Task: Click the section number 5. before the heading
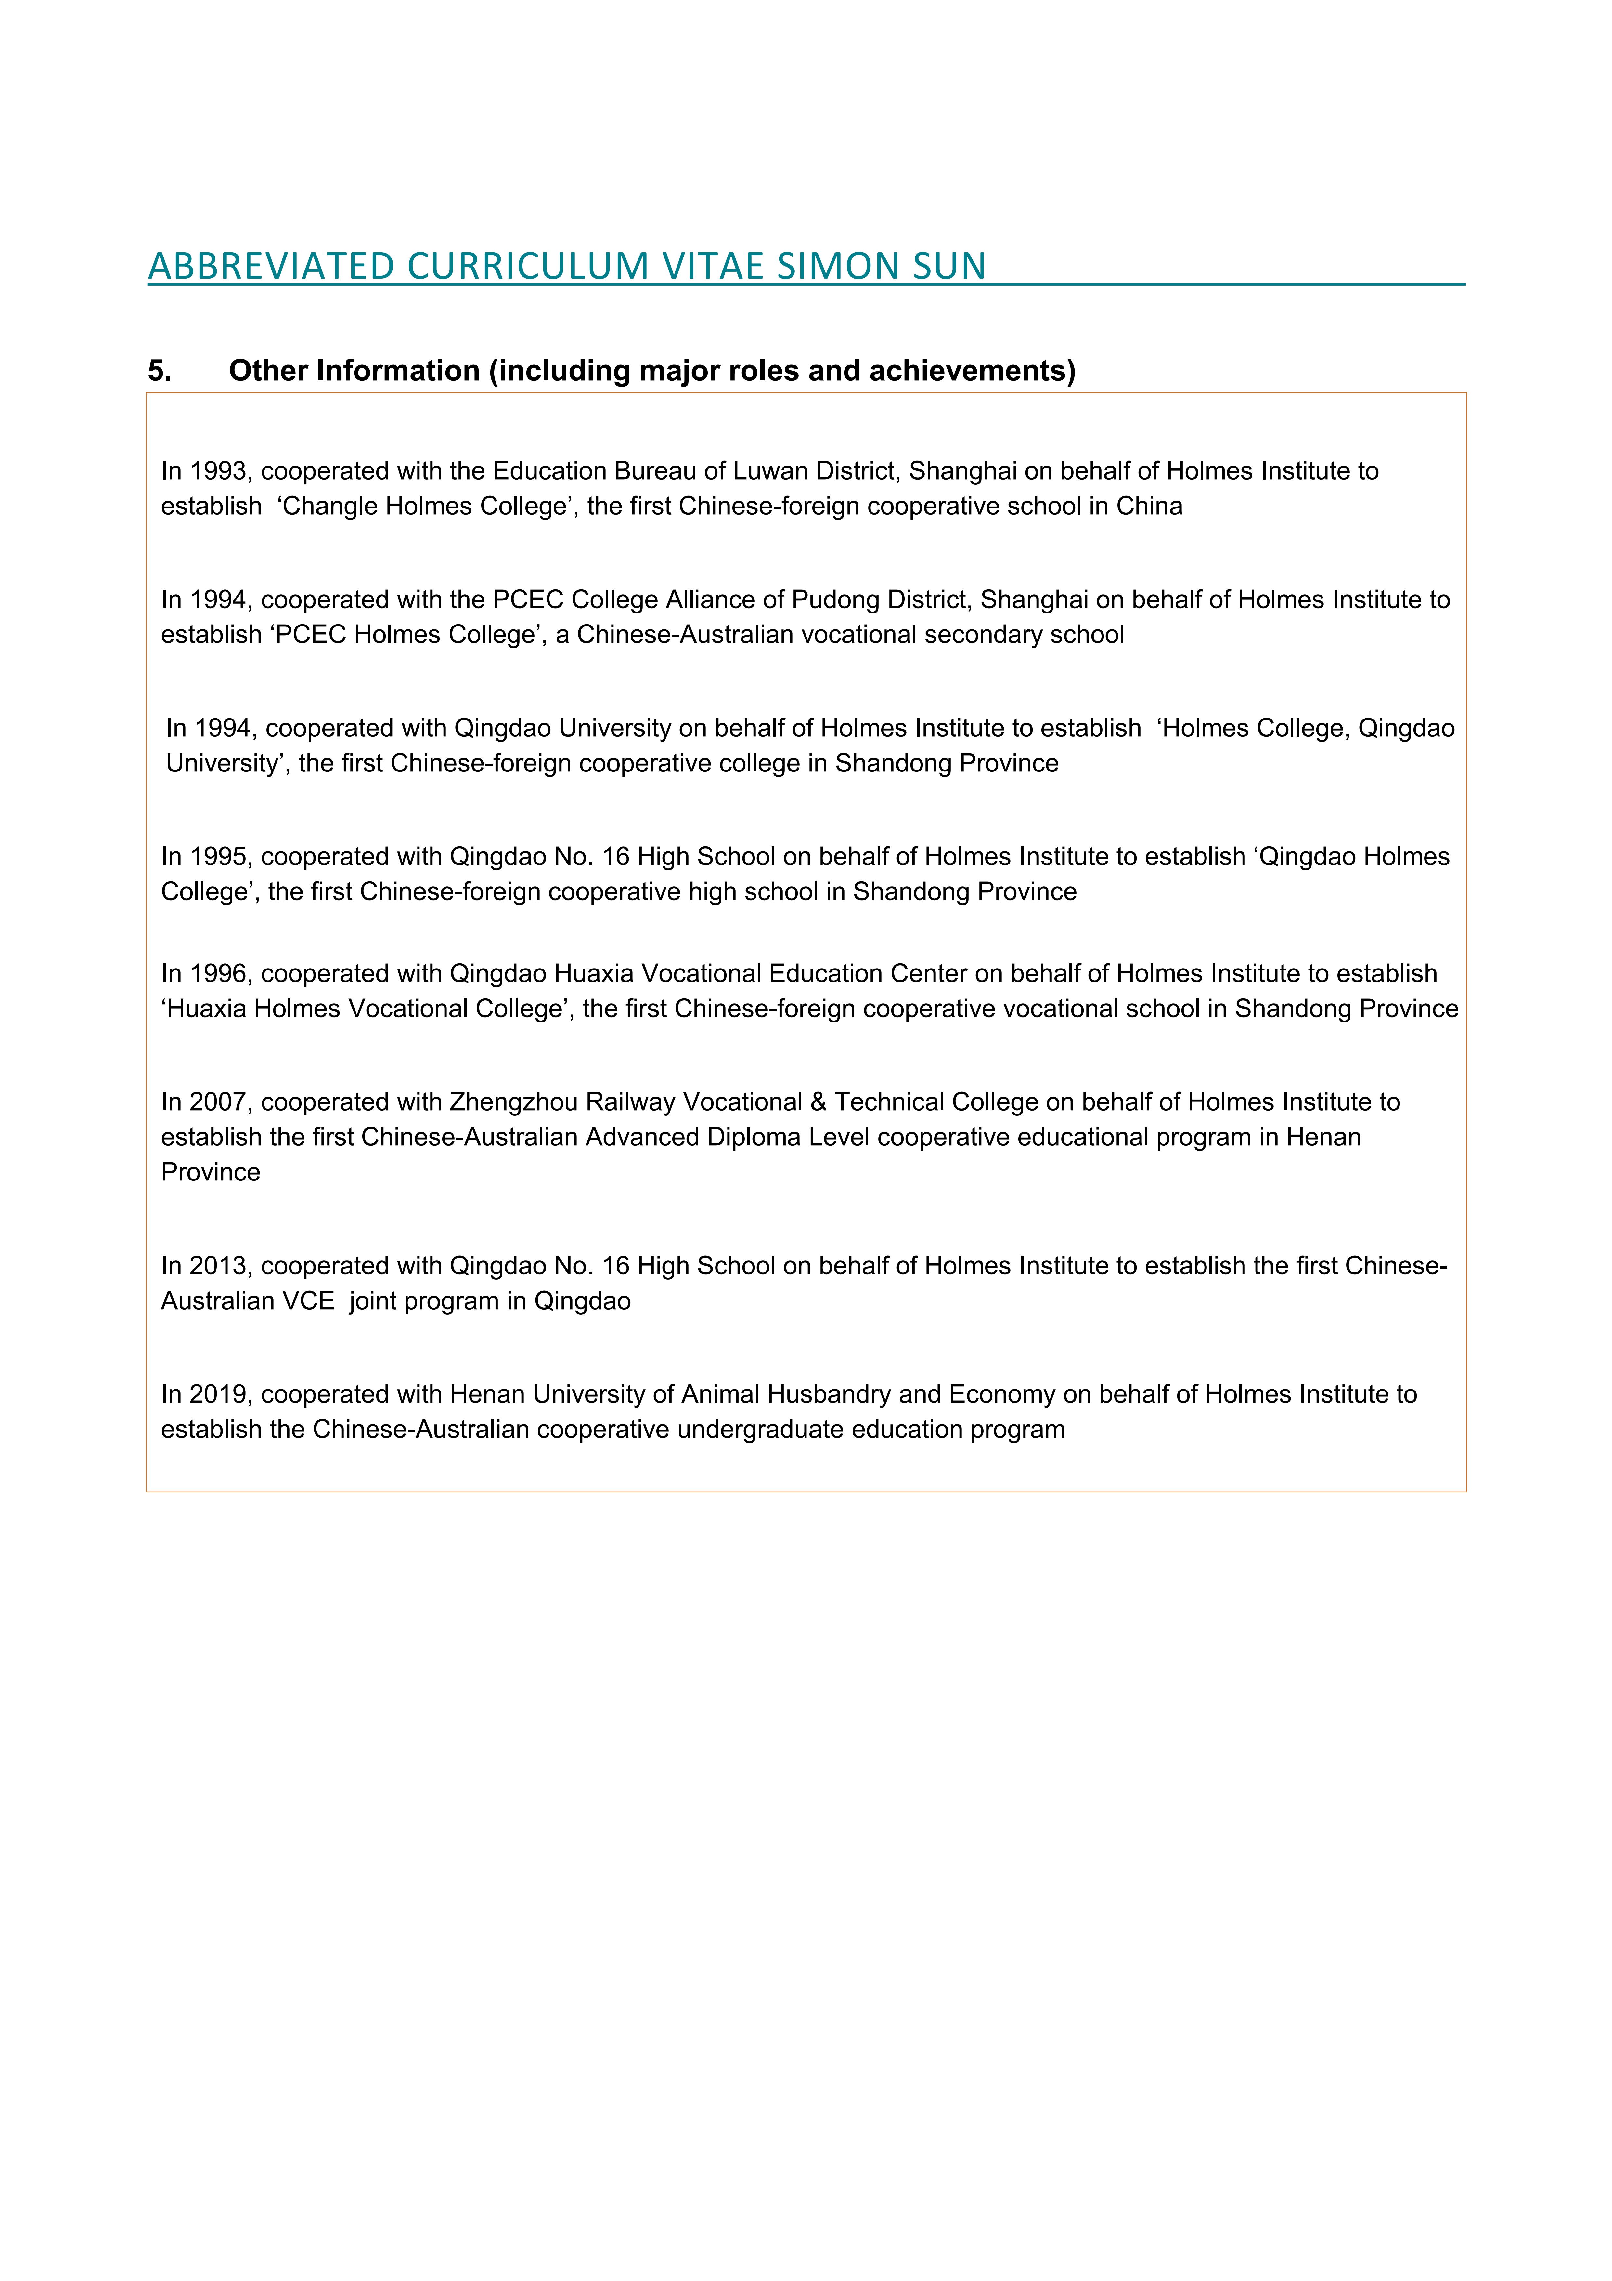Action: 159,371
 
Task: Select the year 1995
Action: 218,856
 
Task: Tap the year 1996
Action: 218,974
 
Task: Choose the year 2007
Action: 218,1102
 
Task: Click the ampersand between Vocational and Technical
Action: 819,1102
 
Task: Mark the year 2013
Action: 218,1266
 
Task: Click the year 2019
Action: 218,1395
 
